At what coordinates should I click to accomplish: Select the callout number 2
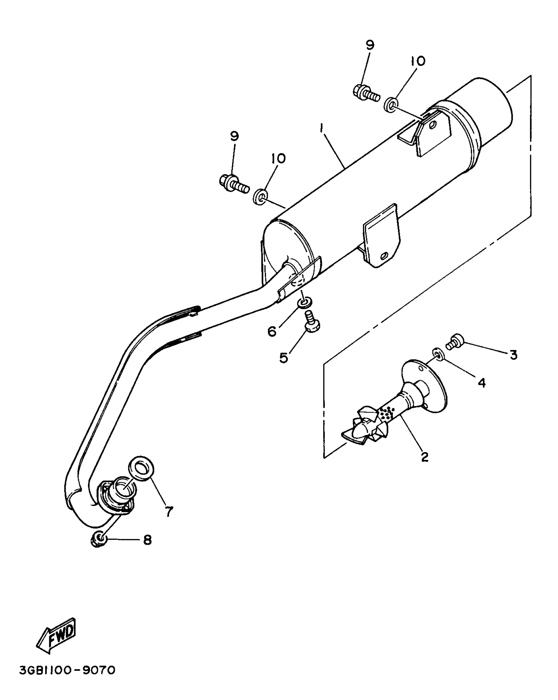coord(425,456)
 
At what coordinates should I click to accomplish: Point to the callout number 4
coord(481,382)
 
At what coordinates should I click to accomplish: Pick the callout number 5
coord(284,357)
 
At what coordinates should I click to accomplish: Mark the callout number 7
coord(168,511)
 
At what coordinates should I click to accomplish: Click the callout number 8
coord(147,539)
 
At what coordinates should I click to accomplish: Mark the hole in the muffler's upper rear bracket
coord(433,124)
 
